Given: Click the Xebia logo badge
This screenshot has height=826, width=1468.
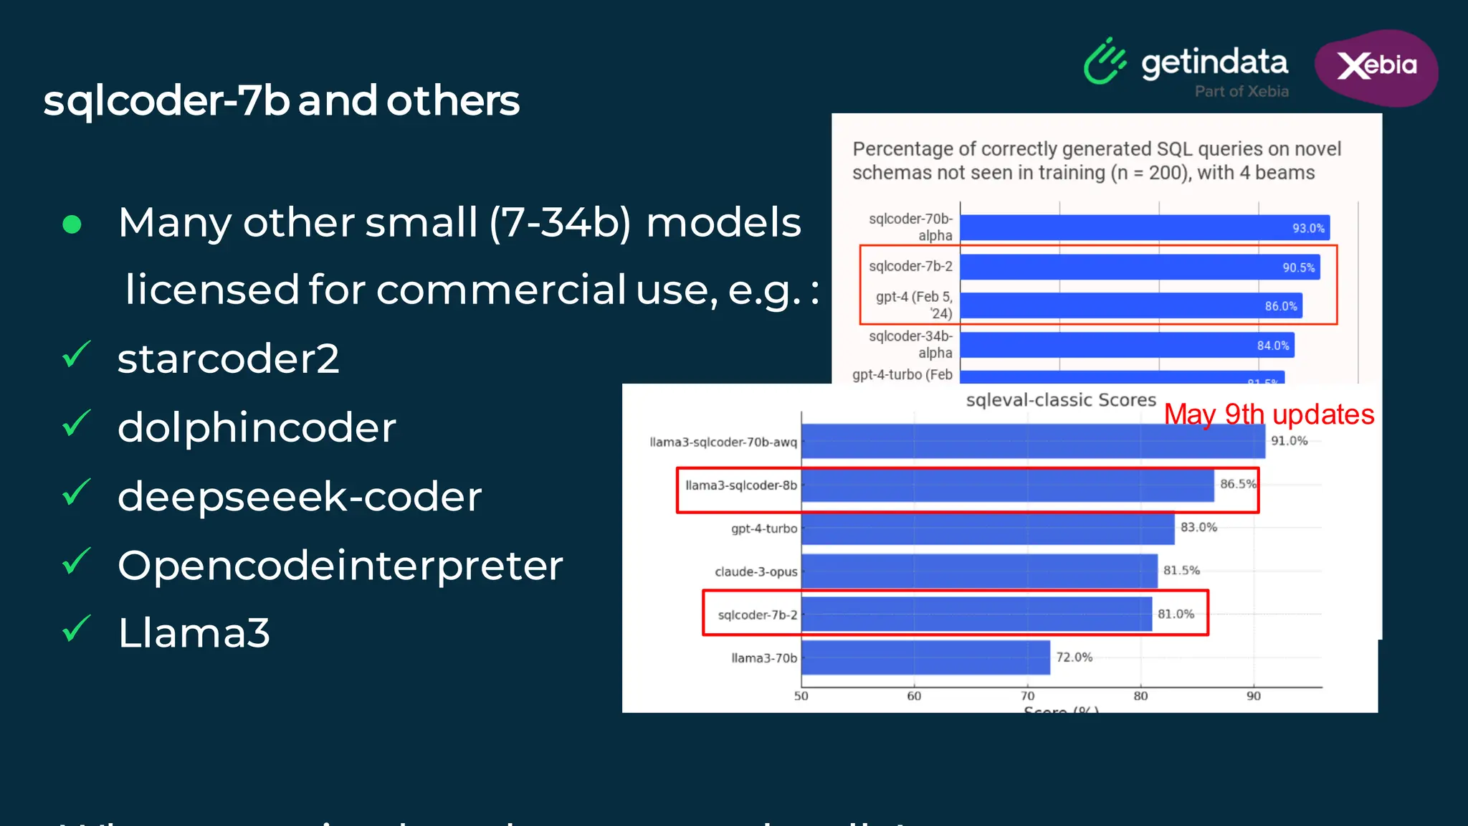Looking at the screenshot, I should coord(1376,67).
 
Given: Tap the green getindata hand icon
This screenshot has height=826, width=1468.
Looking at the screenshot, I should coord(1104,62).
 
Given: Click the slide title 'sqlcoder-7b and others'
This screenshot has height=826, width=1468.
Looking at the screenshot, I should coord(281,100).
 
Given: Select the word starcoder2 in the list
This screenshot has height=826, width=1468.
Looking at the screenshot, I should coord(228,359).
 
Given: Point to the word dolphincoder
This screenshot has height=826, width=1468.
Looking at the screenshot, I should coord(257,427).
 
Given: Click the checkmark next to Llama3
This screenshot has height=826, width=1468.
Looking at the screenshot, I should coord(76,629).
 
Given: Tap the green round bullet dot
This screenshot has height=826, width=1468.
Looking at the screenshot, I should coord(72,224).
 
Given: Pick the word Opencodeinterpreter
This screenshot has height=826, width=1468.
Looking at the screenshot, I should coord(340,565).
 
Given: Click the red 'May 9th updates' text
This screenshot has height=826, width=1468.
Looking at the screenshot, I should coord(1269,414).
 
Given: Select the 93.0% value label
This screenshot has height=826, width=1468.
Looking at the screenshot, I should coord(1308,228).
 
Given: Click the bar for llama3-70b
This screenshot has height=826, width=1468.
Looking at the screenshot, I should coord(925,658).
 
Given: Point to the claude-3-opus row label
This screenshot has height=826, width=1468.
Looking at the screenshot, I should coord(756,571).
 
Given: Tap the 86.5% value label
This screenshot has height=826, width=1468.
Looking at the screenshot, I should coord(1238,484).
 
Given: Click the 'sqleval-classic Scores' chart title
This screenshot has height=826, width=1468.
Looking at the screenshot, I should coord(1061,399).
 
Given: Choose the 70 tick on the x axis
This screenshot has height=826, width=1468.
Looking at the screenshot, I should coord(1027,696).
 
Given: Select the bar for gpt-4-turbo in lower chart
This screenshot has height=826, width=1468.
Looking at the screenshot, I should coord(988,528).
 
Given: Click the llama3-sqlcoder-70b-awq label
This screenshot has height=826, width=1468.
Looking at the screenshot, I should coord(723,442).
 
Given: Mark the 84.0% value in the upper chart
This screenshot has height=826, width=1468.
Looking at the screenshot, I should coord(1272,346).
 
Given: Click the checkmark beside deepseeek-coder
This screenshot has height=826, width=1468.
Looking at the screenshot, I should coord(76,493).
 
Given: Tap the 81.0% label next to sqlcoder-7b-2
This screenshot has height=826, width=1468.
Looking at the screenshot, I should coord(1176,614).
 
